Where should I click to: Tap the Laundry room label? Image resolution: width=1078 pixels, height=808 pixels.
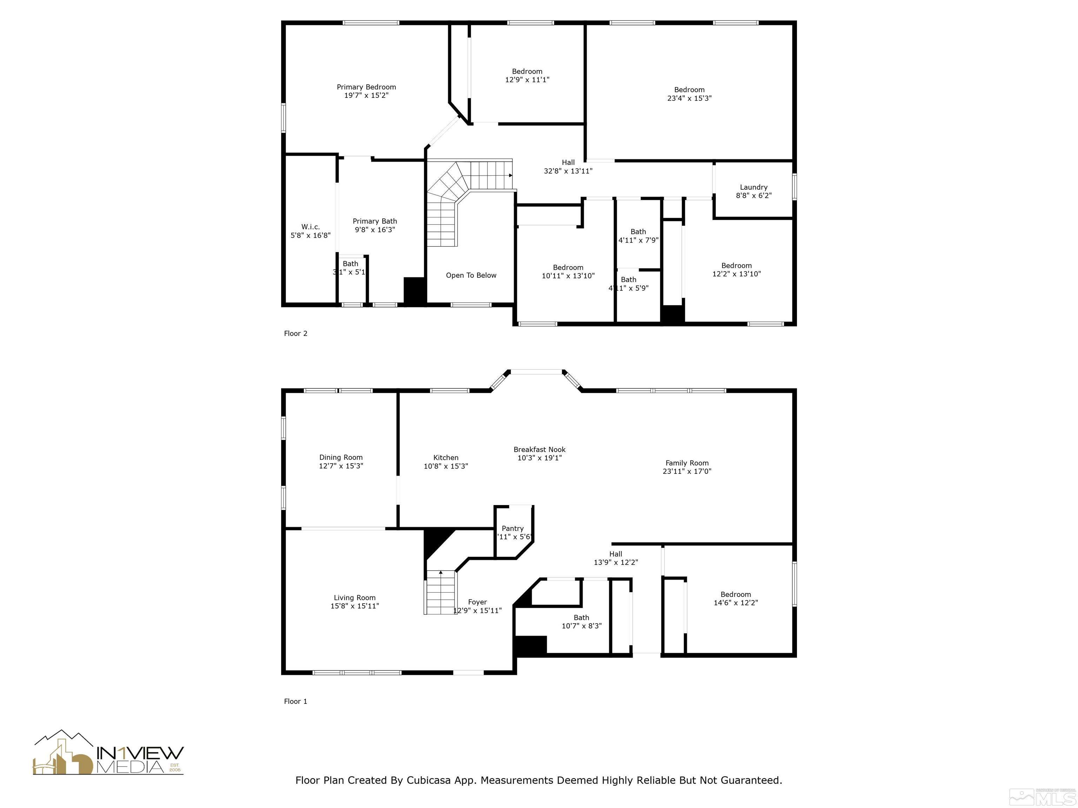(753, 187)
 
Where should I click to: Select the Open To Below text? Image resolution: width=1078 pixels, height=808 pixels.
(471, 275)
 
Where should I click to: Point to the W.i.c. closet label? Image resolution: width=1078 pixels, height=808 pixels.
(311, 227)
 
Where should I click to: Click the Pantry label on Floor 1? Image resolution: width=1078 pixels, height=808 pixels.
(513, 528)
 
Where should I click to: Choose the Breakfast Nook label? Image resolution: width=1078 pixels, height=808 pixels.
(539, 450)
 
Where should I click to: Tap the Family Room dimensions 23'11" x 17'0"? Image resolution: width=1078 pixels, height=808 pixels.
(687, 471)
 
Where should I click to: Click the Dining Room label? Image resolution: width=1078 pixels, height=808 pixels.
(341, 457)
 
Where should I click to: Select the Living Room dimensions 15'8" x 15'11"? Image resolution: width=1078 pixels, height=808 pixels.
(354, 606)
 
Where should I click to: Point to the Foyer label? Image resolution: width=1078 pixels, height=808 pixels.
(477, 602)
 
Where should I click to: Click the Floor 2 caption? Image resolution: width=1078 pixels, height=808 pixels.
(295, 334)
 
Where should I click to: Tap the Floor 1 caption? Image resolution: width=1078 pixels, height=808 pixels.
(295, 701)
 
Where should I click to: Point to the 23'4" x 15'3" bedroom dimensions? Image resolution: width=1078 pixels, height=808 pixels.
(689, 98)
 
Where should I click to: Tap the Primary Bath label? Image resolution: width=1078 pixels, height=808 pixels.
(374, 221)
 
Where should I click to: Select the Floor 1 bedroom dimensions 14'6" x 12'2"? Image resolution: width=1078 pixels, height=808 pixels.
(736, 602)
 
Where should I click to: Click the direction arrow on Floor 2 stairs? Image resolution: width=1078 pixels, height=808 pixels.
(510, 175)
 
